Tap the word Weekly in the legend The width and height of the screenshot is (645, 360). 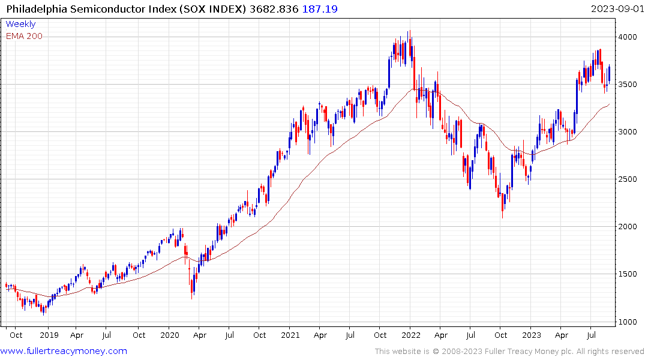coord(20,25)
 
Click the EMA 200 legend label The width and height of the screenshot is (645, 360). coord(24,36)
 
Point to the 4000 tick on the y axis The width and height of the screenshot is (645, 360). coord(629,37)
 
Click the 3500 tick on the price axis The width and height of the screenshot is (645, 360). coord(629,85)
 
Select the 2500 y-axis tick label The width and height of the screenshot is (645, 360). coord(629,179)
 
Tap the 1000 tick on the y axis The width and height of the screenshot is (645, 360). coord(629,322)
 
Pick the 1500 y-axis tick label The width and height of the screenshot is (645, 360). coord(629,274)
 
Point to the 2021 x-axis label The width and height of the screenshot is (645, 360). coord(290,335)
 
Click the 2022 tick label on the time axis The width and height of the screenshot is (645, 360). coord(411,335)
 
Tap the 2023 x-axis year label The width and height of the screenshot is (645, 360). coord(532,335)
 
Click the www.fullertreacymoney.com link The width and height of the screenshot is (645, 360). coord(64,351)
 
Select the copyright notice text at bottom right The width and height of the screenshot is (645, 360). coord(509,352)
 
